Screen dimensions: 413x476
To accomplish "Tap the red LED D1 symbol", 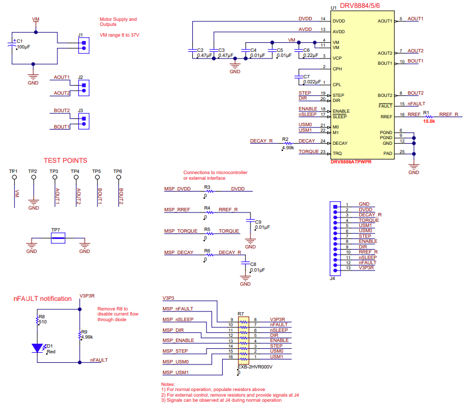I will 37,348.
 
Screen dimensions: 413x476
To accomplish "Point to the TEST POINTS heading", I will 65,161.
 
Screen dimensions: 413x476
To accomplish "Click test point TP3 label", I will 54,171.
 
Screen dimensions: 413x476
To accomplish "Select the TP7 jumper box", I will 57,239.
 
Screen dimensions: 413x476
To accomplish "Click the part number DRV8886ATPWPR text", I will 351,161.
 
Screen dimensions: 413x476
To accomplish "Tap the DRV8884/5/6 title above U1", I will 363,6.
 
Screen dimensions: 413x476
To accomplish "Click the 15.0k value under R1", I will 429,121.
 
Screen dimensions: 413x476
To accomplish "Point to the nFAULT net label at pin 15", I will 416,104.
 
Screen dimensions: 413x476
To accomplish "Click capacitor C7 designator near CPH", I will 306,76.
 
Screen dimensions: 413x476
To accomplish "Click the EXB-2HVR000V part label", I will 255,367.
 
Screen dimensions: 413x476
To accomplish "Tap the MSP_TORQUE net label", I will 180,231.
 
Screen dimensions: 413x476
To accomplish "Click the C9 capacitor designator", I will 258,222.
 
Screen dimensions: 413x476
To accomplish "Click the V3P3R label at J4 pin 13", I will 367,268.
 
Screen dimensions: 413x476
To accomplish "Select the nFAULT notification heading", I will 43,299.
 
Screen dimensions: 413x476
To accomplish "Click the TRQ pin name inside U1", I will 337,153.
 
